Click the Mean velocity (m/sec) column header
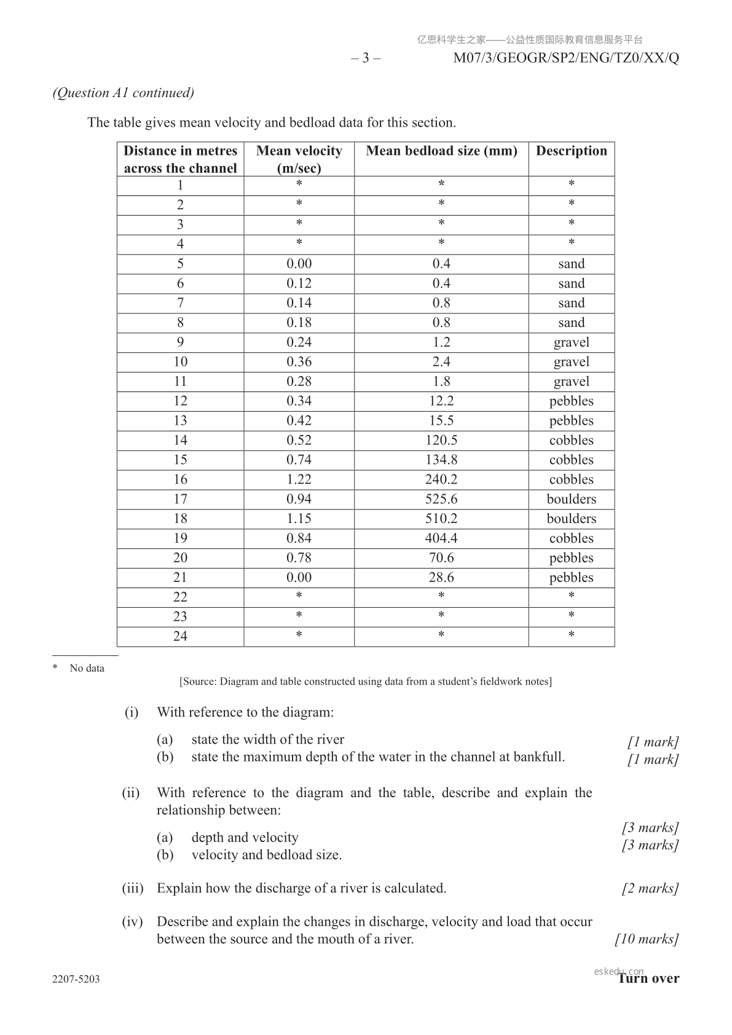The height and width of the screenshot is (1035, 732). coord(299,159)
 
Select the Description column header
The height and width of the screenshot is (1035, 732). coord(571,151)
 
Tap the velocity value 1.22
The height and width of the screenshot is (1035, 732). coord(299,479)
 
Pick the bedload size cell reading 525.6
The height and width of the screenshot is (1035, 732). coord(441,499)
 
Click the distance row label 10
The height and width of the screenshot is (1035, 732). coord(180,362)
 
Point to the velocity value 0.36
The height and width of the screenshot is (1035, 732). coord(299,362)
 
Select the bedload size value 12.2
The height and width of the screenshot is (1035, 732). coord(441,401)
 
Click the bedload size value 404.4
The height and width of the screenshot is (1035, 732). coord(441,538)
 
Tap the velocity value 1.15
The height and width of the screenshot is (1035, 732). coord(299,519)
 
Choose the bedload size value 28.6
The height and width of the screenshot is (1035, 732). coord(441,578)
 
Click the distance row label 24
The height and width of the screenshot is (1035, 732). coord(180,637)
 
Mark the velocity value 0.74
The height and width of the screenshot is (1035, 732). coord(299,460)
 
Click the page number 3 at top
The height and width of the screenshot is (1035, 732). coord(366,58)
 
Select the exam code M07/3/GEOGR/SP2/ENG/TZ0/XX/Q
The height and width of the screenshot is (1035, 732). coord(566,58)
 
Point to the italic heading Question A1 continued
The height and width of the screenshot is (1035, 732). coord(124,93)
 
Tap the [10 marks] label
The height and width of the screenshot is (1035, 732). coord(647,939)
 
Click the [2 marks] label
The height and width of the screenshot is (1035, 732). coord(650,889)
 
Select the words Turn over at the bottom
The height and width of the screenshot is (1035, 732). coord(649,978)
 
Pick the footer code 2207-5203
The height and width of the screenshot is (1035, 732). coord(76,979)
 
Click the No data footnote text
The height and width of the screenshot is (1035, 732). coord(87,669)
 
